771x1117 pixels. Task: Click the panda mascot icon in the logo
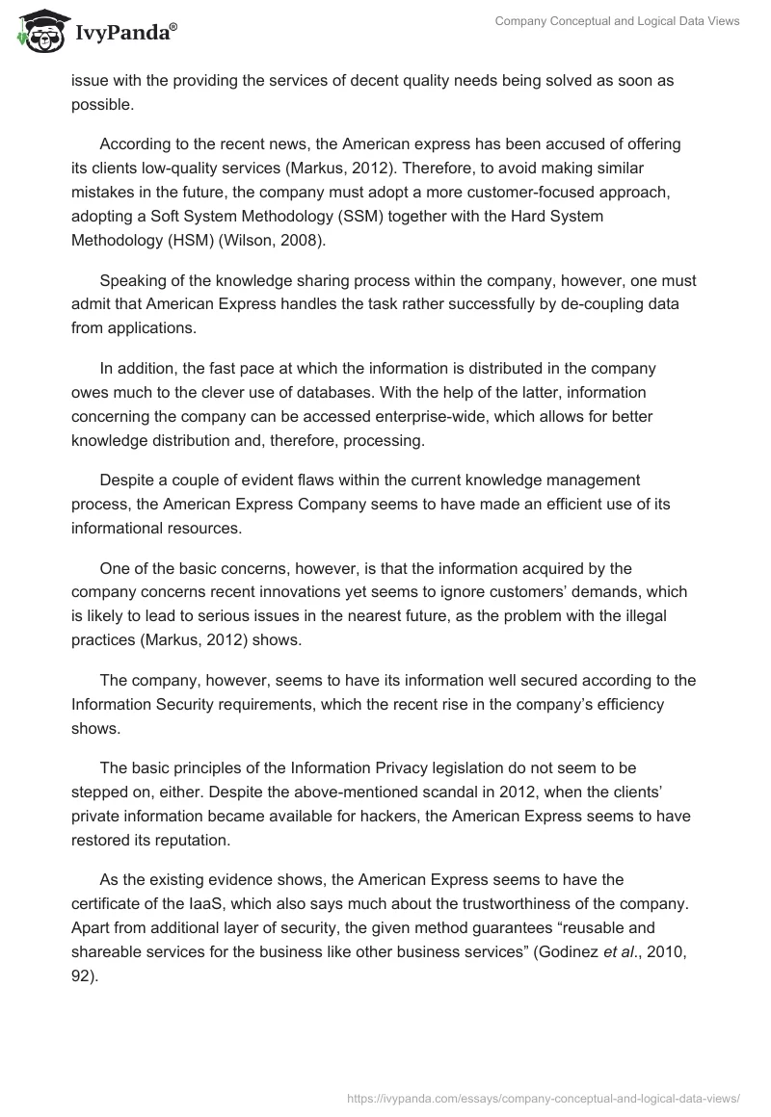click(39, 33)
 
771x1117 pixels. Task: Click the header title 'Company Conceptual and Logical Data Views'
click(618, 22)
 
